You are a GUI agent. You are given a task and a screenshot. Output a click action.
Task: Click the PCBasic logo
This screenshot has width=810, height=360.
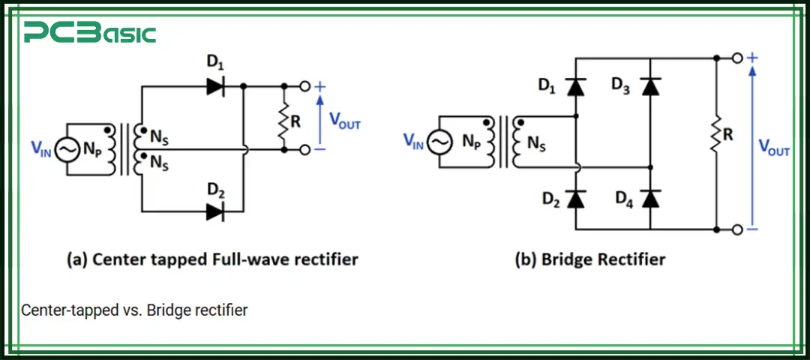click(x=89, y=34)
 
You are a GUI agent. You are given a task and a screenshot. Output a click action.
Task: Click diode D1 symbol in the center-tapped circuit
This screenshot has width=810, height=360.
click(x=215, y=86)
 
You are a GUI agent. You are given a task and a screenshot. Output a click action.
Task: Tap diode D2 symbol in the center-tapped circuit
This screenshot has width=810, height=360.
click(x=215, y=211)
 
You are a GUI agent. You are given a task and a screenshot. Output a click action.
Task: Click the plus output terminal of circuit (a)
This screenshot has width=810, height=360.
click(x=304, y=86)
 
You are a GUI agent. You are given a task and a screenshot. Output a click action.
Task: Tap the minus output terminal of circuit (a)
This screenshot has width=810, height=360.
click(x=304, y=150)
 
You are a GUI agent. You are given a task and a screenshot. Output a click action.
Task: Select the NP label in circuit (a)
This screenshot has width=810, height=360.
click(x=93, y=149)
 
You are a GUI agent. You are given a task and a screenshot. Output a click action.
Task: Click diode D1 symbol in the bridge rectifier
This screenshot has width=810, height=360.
click(x=575, y=87)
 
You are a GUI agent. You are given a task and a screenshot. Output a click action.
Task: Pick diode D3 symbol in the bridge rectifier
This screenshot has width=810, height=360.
click(x=651, y=87)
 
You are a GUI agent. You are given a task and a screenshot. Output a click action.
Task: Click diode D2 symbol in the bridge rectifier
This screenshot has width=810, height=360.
click(x=575, y=199)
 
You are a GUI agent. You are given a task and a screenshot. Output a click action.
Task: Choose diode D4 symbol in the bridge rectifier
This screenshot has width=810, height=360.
click(x=651, y=199)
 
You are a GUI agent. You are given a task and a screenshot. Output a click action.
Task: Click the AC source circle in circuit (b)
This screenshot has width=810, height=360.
click(x=439, y=140)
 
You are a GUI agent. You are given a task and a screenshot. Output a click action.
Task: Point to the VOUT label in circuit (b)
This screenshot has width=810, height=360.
click(x=773, y=146)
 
